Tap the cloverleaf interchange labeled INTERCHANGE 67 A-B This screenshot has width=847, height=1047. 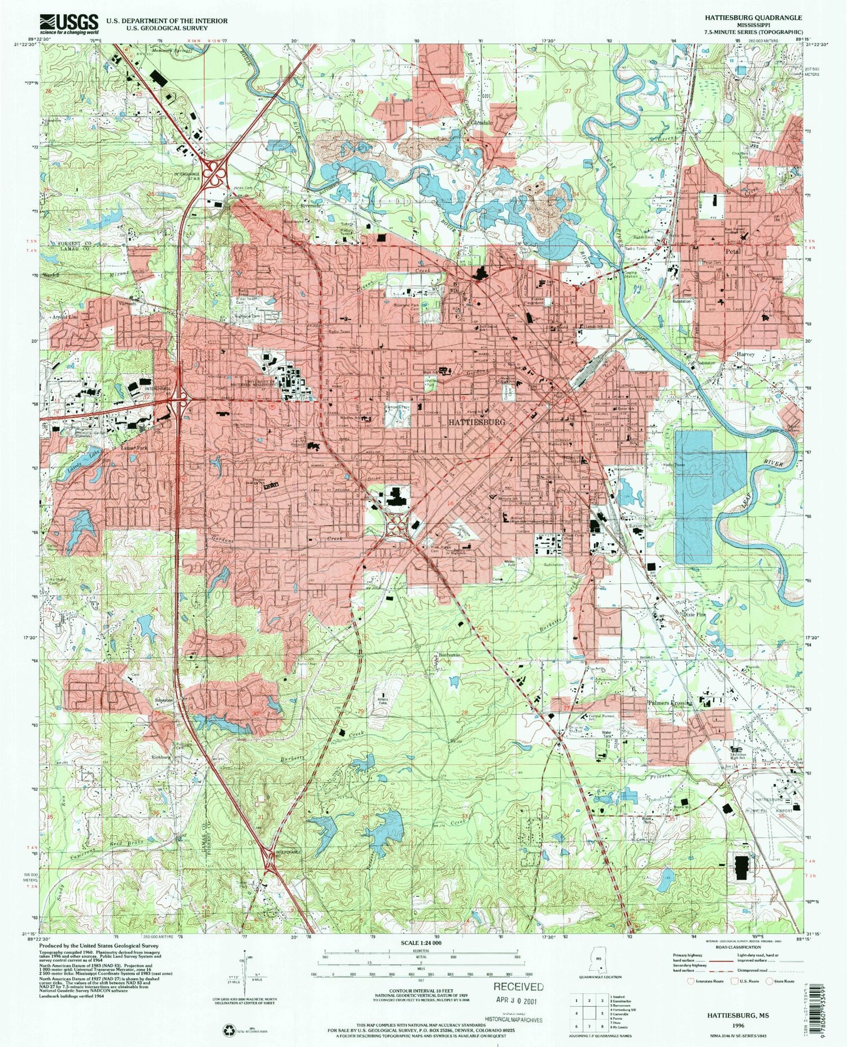pyautogui.click(x=215, y=172)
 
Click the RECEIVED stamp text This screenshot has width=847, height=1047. pyautogui.click(x=518, y=987)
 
